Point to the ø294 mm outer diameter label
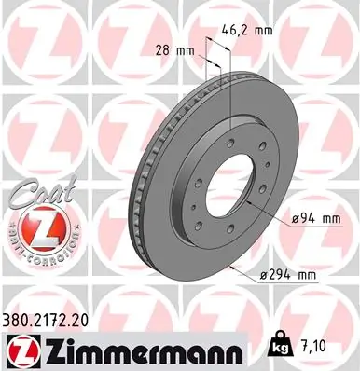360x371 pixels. tap(290, 273)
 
